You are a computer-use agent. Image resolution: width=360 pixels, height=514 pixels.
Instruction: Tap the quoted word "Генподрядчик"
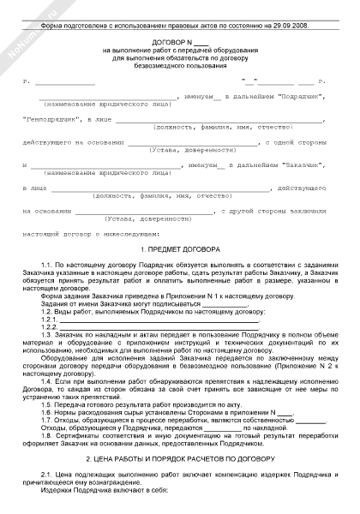pyautogui.click(x=52, y=121)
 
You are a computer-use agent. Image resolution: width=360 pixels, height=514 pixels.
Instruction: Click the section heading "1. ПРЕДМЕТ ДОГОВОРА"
pyautogui.click(x=180, y=248)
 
